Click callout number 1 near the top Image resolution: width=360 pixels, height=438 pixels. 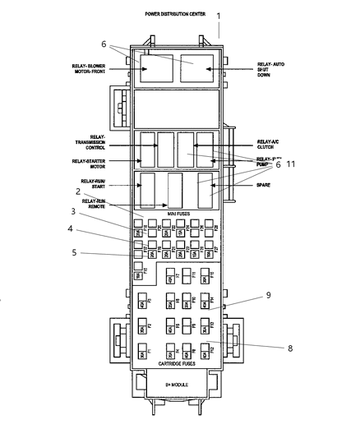(x=219, y=16)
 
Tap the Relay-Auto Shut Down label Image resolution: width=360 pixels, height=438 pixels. (x=270, y=71)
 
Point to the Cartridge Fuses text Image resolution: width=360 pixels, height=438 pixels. (x=178, y=362)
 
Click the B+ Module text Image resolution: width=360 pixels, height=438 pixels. (x=178, y=383)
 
